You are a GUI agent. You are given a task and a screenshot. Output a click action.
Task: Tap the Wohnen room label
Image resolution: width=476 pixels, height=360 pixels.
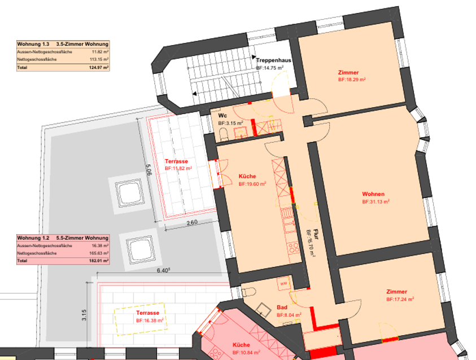click(x=373, y=194)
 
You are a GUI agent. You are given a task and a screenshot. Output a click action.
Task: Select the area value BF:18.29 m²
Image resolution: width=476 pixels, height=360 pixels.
click(x=352, y=80)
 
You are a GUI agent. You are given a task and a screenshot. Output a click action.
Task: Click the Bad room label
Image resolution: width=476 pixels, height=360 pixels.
click(x=281, y=308)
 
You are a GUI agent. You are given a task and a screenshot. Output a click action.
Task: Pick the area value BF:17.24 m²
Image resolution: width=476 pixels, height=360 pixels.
click(x=400, y=299)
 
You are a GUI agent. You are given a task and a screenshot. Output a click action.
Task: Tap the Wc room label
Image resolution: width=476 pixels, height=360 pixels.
click(x=222, y=115)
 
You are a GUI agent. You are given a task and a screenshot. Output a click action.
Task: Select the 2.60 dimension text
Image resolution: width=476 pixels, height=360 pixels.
click(x=191, y=223)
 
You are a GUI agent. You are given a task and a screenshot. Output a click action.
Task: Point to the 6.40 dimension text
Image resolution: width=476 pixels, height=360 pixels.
click(x=164, y=270)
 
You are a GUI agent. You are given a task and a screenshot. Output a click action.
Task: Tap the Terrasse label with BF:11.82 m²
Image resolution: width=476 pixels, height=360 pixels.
click(x=176, y=161)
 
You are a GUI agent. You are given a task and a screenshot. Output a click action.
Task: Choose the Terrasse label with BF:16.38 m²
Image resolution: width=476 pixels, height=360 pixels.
click(x=147, y=313)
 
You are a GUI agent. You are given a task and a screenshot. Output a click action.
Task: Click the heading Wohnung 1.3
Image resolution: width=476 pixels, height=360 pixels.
click(x=33, y=43)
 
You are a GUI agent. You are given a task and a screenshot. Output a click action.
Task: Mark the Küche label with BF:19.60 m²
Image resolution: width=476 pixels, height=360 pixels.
click(x=247, y=176)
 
